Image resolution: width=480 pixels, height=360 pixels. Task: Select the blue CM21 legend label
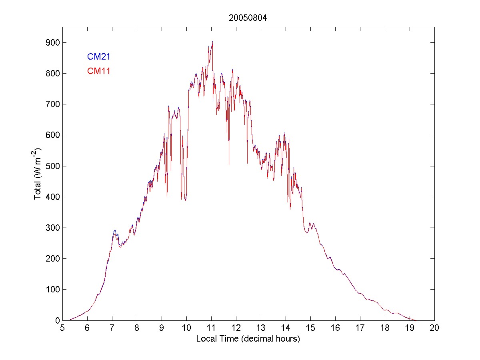99,57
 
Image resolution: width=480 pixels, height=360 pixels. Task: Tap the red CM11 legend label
99,72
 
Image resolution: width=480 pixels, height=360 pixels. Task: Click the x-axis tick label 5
62,328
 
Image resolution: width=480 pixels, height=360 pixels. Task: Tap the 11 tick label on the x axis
211,328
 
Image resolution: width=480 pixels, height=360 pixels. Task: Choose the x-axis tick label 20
434,328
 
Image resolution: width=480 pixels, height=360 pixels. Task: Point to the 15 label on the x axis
310,328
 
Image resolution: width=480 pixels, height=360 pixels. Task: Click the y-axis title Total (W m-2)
38,173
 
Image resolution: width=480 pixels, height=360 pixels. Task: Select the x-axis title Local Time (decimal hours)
248,339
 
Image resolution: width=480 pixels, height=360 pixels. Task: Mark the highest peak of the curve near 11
212,41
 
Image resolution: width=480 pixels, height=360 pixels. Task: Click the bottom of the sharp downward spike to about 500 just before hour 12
229,164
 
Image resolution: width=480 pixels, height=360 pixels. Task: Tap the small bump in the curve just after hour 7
115,230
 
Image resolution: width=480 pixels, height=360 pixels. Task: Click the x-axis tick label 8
137,328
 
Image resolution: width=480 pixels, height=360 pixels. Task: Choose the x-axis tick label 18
385,328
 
